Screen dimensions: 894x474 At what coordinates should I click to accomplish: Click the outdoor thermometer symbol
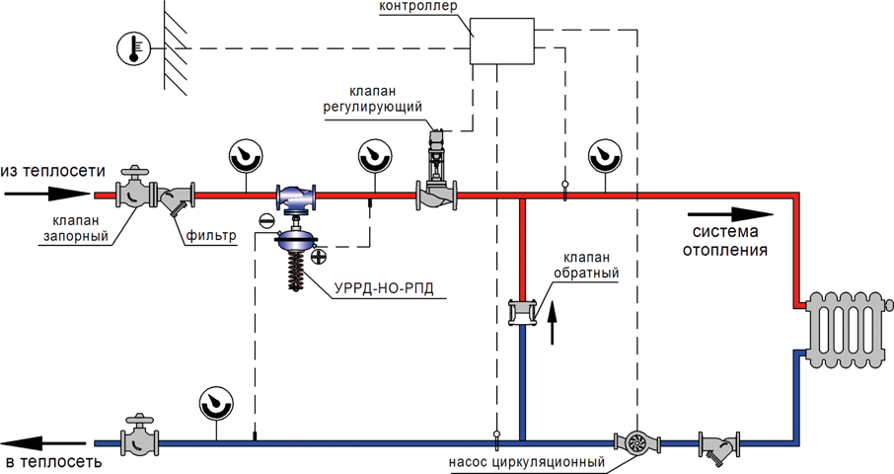click(133, 48)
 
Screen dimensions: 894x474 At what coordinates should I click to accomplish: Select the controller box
click(501, 40)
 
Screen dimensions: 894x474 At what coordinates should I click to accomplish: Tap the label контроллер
click(418, 7)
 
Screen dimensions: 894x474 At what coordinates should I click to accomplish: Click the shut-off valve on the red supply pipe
click(136, 189)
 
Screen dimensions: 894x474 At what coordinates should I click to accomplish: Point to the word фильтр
click(210, 235)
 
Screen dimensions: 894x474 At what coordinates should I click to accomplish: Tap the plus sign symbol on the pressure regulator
click(320, 256)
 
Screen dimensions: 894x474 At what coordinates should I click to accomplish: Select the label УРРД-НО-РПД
click(384, 288)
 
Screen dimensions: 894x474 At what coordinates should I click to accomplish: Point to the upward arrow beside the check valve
click(552, 324)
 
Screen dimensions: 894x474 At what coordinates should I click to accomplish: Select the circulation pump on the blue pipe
click(636, 442)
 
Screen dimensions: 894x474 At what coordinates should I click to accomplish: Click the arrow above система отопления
click(730, 215)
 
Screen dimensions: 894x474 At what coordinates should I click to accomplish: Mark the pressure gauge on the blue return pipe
click(216, 405)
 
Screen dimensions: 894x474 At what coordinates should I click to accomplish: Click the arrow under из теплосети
click(47, 194)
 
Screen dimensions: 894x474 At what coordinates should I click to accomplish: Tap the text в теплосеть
click(51, 462)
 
